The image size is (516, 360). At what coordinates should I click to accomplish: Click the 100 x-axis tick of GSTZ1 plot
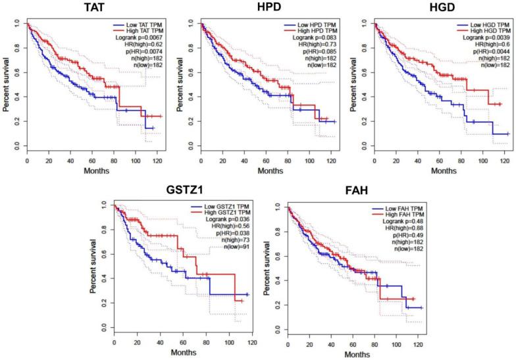tap(232, 343)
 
